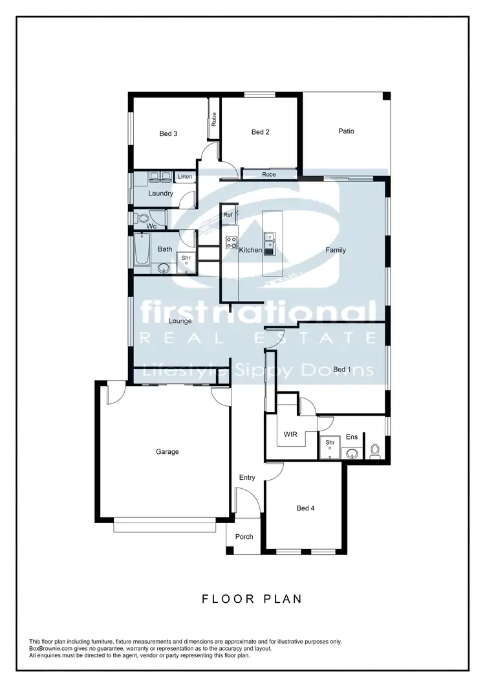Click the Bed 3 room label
tap(168, 134)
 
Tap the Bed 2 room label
tap(260, 132)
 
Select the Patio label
tap(346, 131)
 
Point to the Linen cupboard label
tap(185, 177)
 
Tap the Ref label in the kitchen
tap(228, 214)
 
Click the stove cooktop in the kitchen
tap(230, 243)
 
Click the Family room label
tap(336, 250)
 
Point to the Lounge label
tap(180, 321)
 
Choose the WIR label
tap(290, 434)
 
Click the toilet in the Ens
tap(374, 451)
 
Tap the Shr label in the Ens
tap(330, 443)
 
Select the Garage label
tap(167, 452)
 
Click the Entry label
tap(247, 478)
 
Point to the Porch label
tap(244, 537)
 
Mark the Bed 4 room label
tap(305, 508)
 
